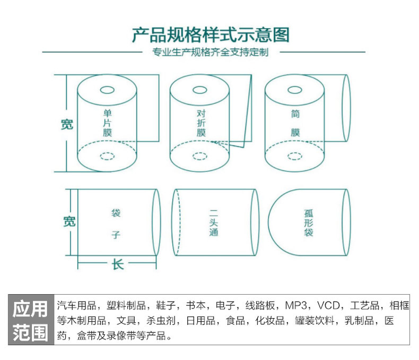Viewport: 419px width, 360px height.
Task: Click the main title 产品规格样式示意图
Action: pyautogui.click(x=211, y=35)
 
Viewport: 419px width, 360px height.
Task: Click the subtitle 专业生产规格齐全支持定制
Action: pyautogui.click(x=211, y=53)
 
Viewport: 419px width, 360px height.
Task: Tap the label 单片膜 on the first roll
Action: pyautogui.click(x=108, y=123)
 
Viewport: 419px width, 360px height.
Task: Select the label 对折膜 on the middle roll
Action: pyautogui.click(x=201, y=123)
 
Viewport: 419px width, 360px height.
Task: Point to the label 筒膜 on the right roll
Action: pyautogui.click(x=295, y=123)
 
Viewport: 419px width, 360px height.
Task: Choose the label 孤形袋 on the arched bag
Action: pyautogui.click(x=309, y=222)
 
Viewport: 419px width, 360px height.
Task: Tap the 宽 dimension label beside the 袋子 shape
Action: pyautogui.click(x=68, y=221)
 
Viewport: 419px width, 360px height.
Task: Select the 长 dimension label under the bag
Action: pyautogui.click(x=118, y=264)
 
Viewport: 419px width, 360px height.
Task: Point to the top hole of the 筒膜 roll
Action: pyautogui.click(x=295, y=89)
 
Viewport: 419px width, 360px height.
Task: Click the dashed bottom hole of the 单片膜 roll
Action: pyautogui.click(x=107, y=156)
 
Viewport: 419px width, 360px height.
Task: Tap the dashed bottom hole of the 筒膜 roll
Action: pyautogui.click(x=295, y=156)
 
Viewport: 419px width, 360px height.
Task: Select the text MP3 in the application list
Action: pyautogui.click(x=296, y=306)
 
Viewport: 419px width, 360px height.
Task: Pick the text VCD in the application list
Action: pyautogui.click(x=329, y=306)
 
